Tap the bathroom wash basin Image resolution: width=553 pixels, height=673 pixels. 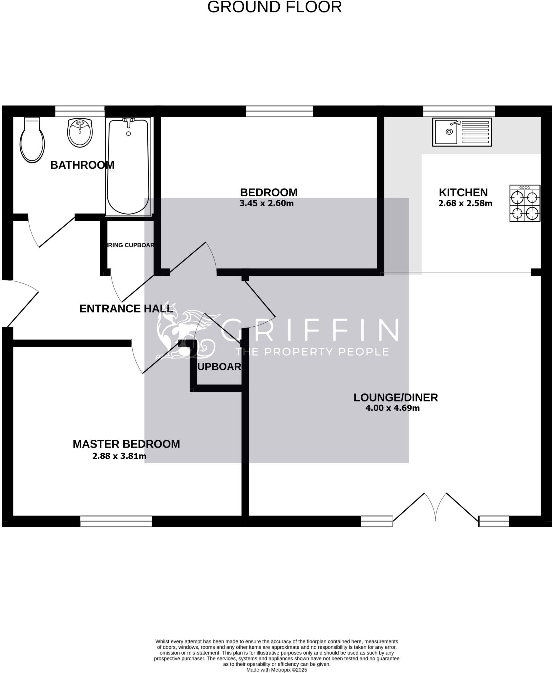click(80, 132)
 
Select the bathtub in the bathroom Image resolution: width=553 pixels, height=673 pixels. click(128, 167)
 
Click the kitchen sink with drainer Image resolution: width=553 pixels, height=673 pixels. click(462, 132)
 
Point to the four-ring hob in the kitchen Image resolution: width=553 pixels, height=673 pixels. click(524, 203)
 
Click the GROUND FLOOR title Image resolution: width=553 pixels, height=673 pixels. click(274, 7)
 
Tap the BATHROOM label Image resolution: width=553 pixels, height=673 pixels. click(82, 165)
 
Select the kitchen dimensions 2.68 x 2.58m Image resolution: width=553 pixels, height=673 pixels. click(465, 203)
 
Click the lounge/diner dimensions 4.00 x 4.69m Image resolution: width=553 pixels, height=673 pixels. click(392, 408)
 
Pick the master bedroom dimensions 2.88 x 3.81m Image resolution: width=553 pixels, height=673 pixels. click(119, 456)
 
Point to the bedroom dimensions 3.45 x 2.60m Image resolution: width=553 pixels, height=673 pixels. click(266, 203)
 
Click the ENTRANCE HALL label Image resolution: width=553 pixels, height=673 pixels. click(126, 309)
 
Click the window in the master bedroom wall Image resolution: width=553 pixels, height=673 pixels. click(116, 521)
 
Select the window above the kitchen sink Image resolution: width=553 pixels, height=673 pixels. click(458, 111)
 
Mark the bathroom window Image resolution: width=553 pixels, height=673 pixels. click(80, 111)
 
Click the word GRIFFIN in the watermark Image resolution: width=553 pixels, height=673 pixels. click(309, 330)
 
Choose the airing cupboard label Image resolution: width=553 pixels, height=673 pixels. click(131, 245)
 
